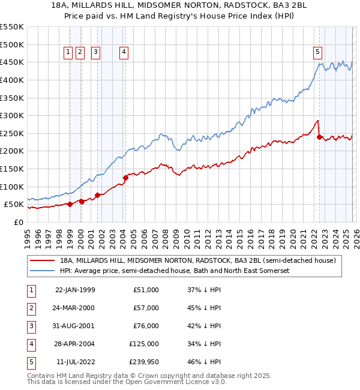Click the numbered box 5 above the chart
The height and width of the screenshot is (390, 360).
tap(317, 52)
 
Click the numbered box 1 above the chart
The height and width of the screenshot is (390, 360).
tap(68, 52)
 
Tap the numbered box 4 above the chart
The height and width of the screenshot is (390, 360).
tap(124, 52)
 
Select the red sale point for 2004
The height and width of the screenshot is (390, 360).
tap(126, 177)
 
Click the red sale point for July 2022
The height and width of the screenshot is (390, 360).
tap(319, 136)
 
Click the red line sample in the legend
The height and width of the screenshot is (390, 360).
tap(43, 260)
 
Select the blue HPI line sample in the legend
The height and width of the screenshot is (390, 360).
tap(43, 271)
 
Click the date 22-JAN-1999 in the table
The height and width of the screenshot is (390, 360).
tap(75, 290)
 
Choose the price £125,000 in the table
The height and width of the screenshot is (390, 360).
tap(145, 344)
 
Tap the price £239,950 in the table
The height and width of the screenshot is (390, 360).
tap(145, 362)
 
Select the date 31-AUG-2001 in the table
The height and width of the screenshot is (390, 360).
tap(75, 326)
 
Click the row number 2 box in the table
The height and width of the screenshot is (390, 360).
tap(31, 308)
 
